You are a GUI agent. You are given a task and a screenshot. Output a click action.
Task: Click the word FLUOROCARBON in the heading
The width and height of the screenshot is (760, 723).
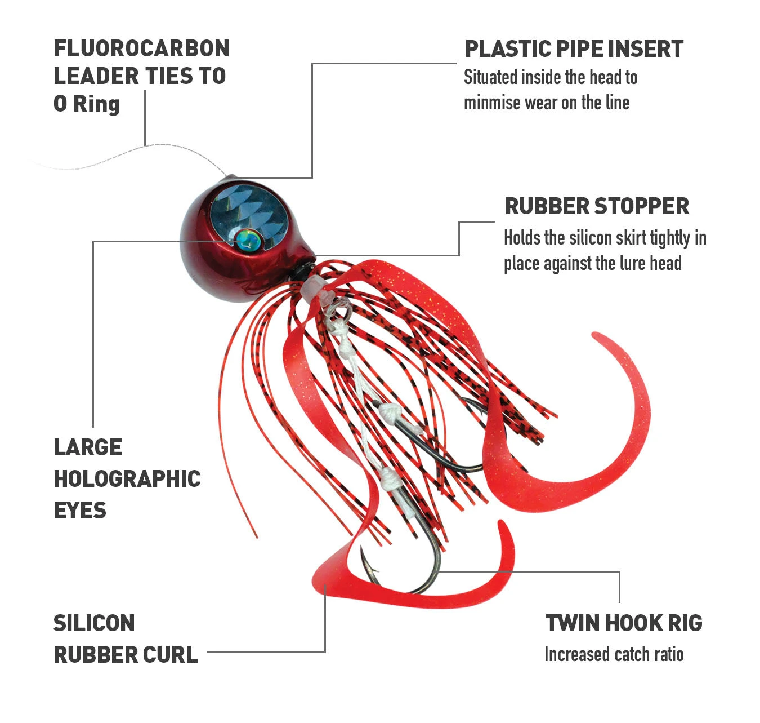click(141, 48)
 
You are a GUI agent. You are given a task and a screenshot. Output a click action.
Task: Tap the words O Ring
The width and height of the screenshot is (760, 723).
click(87, 104)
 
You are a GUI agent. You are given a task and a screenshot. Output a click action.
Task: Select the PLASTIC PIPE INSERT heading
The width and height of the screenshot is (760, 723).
click(574, 49)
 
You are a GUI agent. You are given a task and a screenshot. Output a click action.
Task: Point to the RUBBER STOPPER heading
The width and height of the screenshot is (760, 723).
click(597, 206)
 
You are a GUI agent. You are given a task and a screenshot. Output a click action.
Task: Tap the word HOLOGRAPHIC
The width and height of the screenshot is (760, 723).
click(127, 479)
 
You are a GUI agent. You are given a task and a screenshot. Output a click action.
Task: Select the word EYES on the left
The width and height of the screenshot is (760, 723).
click(79, 510)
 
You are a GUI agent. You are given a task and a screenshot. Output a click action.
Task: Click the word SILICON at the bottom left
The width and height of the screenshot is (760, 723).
click(94, 623)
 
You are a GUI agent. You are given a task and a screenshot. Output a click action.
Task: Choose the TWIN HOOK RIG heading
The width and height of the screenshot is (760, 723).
click(624, 623)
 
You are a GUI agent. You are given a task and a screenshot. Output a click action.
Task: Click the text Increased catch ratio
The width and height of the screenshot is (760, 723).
click(614, 654)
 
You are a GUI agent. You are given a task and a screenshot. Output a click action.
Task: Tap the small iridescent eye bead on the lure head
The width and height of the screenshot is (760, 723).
click(248, 239)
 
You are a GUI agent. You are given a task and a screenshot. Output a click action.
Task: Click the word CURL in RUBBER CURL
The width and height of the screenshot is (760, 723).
click(171, 655)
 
